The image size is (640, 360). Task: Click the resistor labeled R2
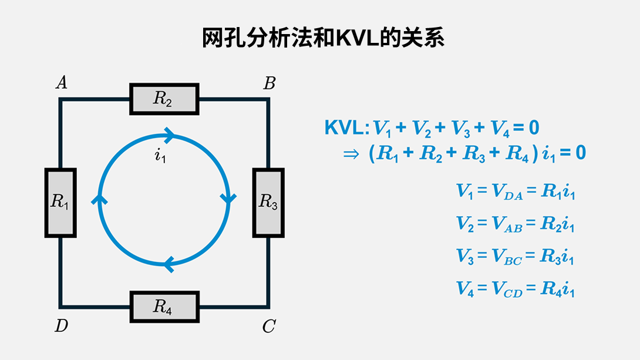point(164,99)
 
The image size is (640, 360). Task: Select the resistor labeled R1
point(60,203)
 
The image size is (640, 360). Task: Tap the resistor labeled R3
point(268,203)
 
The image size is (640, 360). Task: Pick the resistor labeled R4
point(164,307)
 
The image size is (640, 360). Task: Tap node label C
point(269,327)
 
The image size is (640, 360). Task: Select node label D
point(61,327)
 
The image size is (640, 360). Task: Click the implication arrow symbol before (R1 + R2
point(351,153)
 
